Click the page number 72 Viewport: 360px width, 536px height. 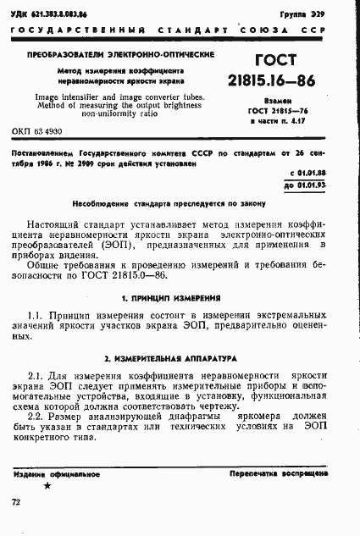tap(17, 503)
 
